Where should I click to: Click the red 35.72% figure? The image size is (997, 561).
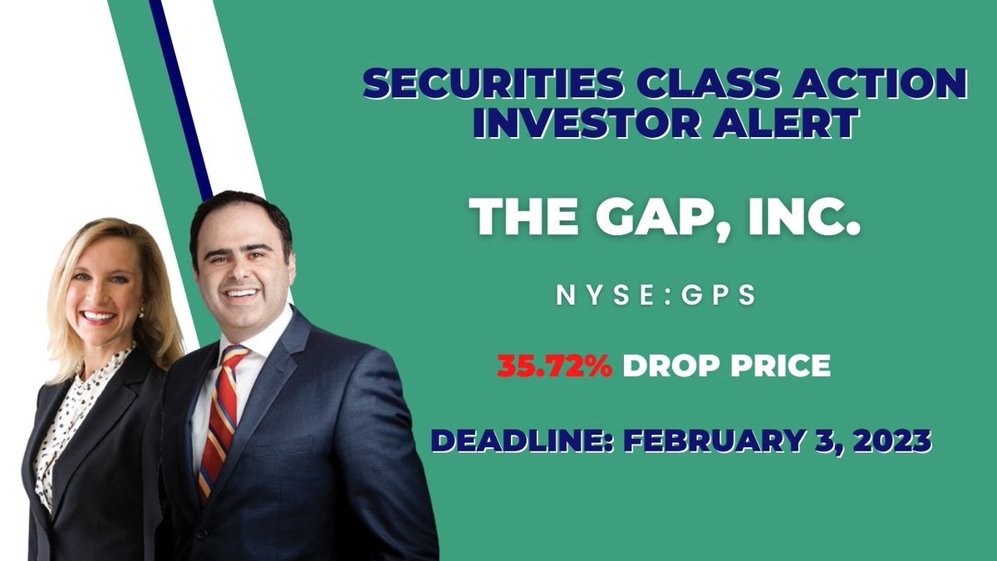[554, 367]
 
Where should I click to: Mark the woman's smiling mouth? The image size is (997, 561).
[98, 317]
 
